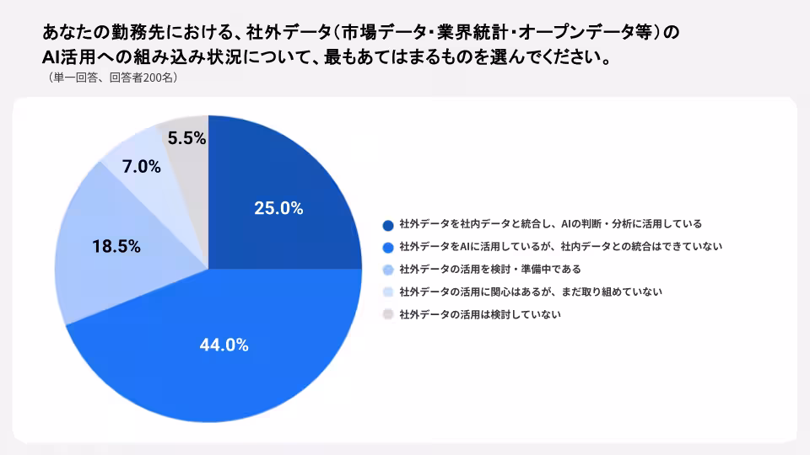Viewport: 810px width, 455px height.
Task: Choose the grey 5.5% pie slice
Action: [x=188, y=155]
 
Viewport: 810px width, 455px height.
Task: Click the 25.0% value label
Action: [x=278, y=208]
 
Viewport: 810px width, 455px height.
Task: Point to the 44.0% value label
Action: [x=224, y=345]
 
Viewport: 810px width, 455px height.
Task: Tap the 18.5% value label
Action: [x=116, y=246]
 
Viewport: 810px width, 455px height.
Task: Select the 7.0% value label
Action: [x=142, y=166]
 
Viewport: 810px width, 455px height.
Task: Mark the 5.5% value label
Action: [x=187, y=137]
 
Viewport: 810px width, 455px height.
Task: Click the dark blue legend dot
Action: [x=388, y=225]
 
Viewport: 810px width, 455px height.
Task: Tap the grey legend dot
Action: [x=388, y=314]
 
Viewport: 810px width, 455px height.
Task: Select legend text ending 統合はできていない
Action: [x=560, y=247]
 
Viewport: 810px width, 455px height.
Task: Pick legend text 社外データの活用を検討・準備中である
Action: [x=490, y=270]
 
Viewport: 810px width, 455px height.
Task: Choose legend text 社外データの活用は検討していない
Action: [x=480, y=314]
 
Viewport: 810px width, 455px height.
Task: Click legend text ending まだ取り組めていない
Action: [x=531, y=292]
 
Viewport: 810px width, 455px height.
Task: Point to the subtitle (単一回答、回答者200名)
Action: [x=112, y=78]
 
